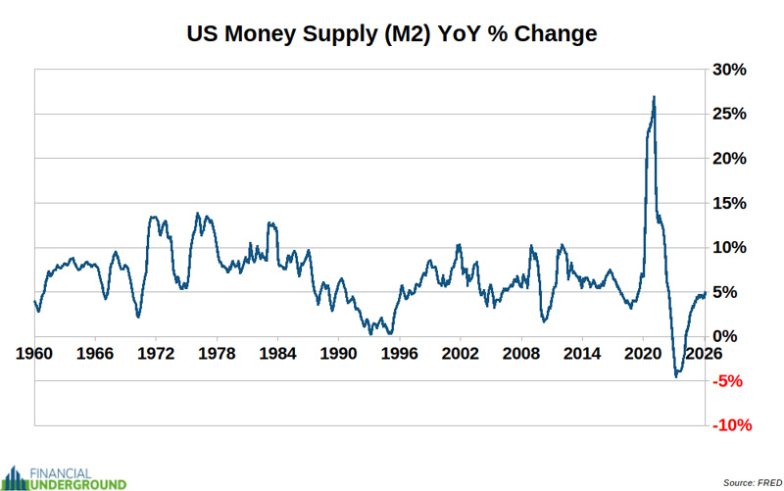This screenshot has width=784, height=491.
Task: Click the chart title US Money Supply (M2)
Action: tap(392, 34)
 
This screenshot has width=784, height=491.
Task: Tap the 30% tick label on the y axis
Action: tap(731, 70)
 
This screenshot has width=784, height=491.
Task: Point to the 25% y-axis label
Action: tap(731, 114)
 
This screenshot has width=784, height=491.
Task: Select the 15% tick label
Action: tap(731, 203)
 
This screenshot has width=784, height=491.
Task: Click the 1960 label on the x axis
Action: tap(35, 353)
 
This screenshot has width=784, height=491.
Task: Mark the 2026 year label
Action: tap(702, 353)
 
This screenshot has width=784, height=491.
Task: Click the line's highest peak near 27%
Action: tap(654, 97)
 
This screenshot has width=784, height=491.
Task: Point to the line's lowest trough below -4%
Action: tap(675, 376)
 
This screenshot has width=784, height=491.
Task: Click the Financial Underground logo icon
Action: tap(18, 477)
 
